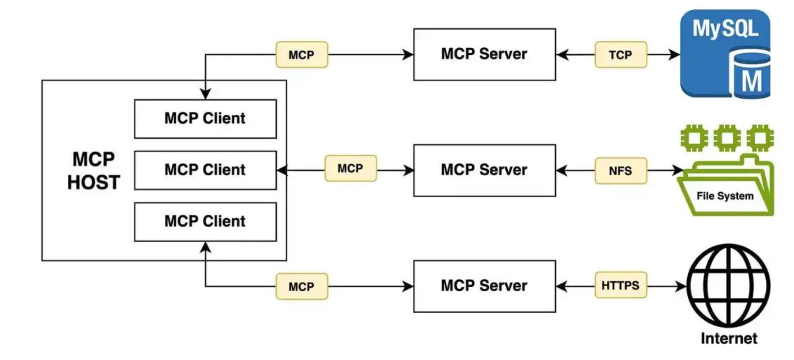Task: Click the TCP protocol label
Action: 620,55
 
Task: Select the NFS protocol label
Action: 620,170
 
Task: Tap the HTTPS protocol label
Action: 620,285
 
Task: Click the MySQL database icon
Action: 725,54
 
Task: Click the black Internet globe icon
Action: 728,286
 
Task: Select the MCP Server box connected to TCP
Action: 484,54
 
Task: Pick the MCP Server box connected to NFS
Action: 484,170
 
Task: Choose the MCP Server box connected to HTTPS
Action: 484,286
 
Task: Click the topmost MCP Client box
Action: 205,119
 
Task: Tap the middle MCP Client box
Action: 205,170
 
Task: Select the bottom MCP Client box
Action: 205,222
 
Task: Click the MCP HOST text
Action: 94,171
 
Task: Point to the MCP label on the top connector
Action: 302,55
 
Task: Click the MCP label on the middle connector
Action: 350,168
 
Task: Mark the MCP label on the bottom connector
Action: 302,286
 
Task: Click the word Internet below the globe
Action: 728,339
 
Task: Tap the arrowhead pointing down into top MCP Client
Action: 205,94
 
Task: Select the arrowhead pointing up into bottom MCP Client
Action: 205,247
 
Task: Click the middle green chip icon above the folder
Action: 727,138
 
